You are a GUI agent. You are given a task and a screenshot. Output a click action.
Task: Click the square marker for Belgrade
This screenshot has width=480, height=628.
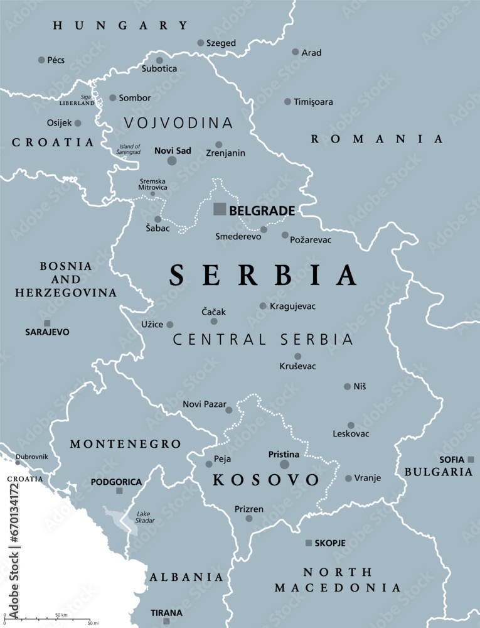(x=220, y=209)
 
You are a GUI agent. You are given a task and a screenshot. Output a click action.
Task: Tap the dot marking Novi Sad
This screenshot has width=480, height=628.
(x=172, y=161)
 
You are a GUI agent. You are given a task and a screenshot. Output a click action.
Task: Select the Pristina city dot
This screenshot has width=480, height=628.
(x=284, y=465)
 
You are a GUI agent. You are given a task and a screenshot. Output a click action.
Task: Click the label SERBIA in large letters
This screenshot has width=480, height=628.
(x=263, y=275)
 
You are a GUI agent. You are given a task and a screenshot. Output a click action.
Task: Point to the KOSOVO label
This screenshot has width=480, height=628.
(x=266, y=480)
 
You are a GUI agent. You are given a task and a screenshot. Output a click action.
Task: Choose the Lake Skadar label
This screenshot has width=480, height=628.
(x=146, y=517)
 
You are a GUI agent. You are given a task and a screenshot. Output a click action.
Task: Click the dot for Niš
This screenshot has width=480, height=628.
(x=347, y=386)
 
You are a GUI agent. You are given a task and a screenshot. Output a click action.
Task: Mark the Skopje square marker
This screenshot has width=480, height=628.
(x=308, y=543)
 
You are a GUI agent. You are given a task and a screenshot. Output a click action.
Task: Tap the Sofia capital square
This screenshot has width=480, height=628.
(x=471, y=460)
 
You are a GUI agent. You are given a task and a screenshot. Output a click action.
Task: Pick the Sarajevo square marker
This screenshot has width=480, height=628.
(x=47, y=323)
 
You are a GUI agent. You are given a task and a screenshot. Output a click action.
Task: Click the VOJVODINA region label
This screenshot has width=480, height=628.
(x=178, y=123)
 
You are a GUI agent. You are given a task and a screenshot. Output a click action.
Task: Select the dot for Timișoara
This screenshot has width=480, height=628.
(x=287, y=101)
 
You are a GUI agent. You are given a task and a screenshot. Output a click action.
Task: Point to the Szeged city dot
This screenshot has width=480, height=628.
(x=201, y=43)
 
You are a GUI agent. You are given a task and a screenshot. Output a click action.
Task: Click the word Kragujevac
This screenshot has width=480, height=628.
(x=292, y=306)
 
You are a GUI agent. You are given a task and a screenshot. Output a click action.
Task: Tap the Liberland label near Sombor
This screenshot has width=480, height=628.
(x=77, y=102)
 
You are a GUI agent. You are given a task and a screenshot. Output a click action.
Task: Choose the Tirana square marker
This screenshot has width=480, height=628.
(x=166, y=621)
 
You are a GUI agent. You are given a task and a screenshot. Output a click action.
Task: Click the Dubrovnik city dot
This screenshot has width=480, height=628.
(x=18, y=463)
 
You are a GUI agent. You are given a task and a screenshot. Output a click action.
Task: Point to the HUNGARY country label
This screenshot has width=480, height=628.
(x=120, y=26)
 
